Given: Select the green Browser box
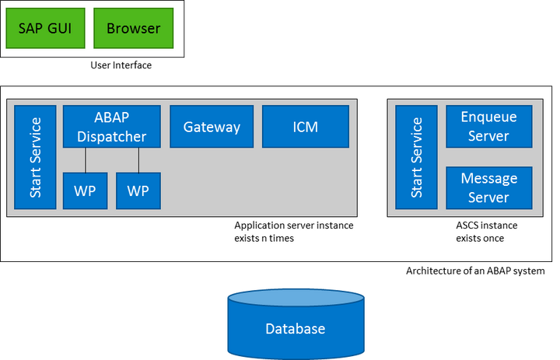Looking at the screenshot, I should (133, 29).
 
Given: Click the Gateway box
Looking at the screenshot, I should (212, 127).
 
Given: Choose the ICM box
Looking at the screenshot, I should (305, 127).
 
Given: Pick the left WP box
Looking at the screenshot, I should (85, 190).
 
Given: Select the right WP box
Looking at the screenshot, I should (138, 190).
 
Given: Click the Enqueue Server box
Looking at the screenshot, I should (488, 127).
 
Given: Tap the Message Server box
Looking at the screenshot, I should (488, 187).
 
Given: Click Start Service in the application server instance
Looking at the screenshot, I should (36, 157).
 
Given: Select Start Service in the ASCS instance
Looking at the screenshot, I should (416, 157).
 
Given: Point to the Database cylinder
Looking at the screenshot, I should (295, 323).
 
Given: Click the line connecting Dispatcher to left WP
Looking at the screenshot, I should (86, 159).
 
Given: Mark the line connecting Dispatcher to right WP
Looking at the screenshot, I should (138, 159).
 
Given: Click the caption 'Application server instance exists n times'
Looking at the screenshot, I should (293, 232).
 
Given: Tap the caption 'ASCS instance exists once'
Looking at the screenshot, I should (486, 232).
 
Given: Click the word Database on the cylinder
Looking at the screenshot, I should (295, 329).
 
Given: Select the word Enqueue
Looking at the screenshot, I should (488, 117).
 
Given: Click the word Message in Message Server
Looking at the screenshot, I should (488, 178).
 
